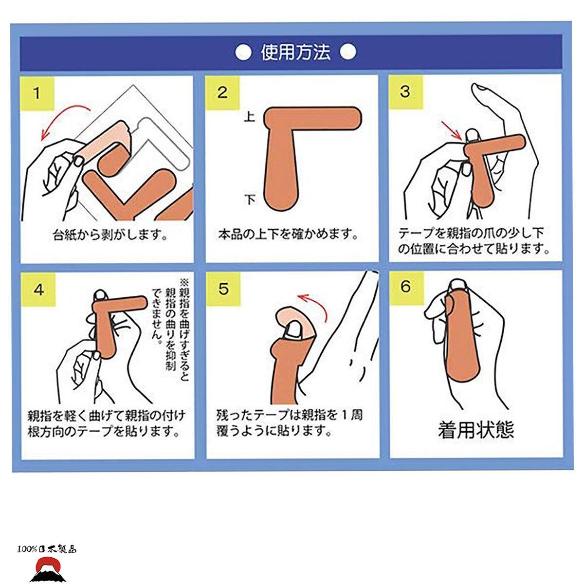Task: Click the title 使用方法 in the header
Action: pyautogui.click(x=295, y=53)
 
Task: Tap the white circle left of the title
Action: pyautogui.click(x=243, y=53)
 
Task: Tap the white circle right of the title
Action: pyautogui.click(x=348, y=52)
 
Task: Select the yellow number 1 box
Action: pyautogui.click(x=37, y=93)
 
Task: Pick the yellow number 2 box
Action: pyautogui.click(x=222, y=93)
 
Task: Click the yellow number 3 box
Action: pyautogui.click(x=406, y=92)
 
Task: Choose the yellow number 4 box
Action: pyautogui.click(x=38, y=290)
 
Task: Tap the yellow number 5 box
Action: pyautogui.click(x=223, y=289)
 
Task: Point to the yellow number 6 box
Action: pyautogui.click(x=406, y=288)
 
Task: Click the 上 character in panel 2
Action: pyautogui.click(x=250, y=117)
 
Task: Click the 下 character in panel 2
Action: pyautogui.click(x=250, y=200)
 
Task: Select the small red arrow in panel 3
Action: pyautogui.click(x=452, y=130)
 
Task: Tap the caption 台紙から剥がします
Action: pyautogui.click(x=110, y=235)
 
